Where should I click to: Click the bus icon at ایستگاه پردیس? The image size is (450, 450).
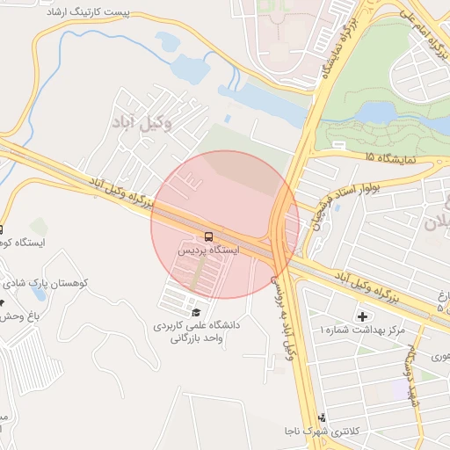208,236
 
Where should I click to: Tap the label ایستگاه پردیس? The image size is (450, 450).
208,250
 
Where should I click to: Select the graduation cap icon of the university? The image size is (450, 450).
195,312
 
